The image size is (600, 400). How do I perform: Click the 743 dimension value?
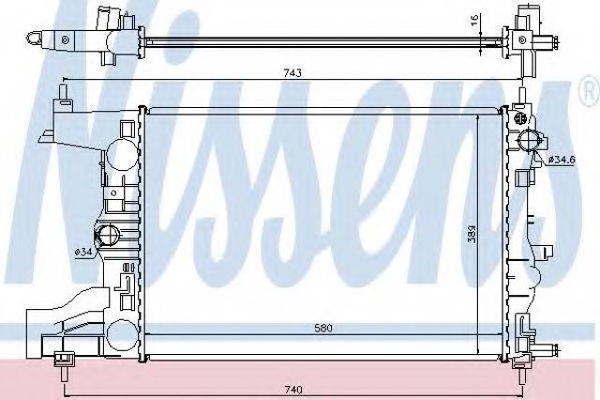[292, 72]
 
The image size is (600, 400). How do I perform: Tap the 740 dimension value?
[293, 390]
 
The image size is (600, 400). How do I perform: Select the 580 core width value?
[323, 328]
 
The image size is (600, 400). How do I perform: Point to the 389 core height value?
[472, 235]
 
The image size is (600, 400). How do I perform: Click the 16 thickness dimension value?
[475, 21]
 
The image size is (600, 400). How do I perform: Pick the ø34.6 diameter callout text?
[561, 160]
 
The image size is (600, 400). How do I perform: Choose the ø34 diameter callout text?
[83, 252]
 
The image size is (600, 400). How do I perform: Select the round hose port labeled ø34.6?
[528, 140]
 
